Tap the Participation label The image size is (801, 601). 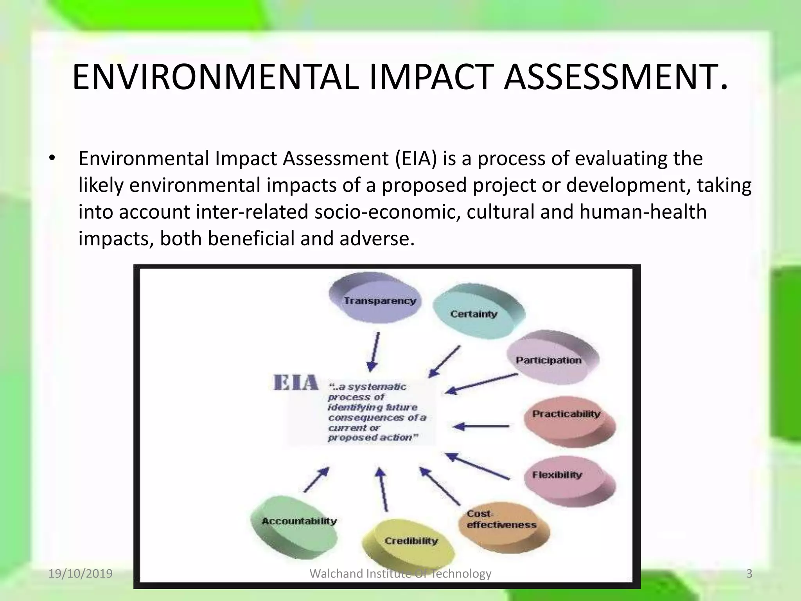pos(549,360)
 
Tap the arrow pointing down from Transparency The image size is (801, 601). pos(374,352)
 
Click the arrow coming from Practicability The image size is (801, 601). pos(481,426)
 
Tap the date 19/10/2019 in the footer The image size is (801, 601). pos(80,574)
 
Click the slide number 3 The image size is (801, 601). pos(749,574)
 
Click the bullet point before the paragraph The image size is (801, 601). pos(52,159)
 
